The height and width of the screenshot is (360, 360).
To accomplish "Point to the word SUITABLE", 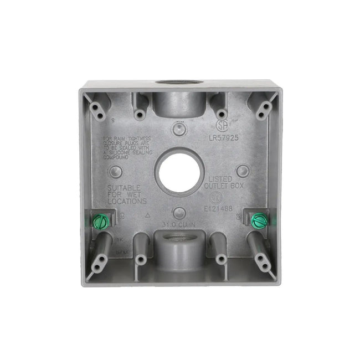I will click(124, 188).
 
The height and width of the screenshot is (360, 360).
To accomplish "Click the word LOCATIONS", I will click(127, 202).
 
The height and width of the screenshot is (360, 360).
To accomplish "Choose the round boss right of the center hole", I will click(242, 169).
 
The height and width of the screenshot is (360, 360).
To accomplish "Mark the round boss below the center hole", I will click(178, 213).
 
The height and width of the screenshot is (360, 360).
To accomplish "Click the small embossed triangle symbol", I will click(147, 214).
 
